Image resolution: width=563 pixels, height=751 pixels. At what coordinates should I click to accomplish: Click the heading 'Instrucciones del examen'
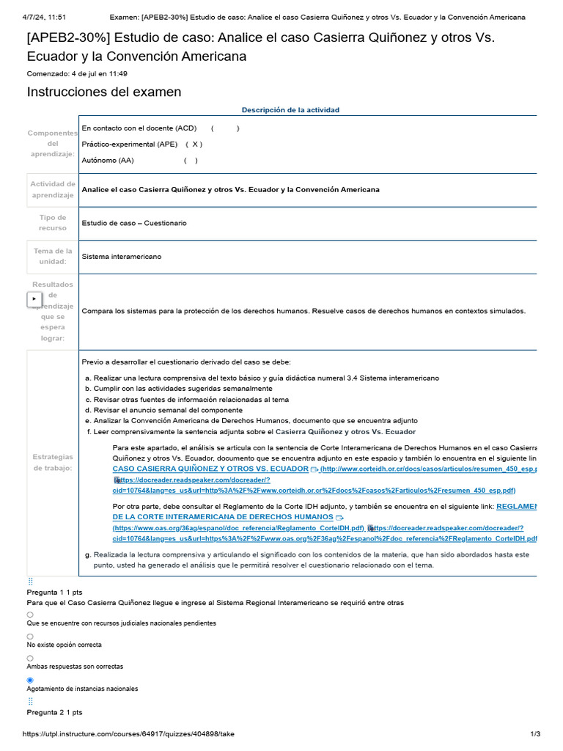click(x=103, y=92)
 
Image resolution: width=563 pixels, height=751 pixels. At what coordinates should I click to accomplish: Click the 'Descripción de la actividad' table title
click(x=290, y=110)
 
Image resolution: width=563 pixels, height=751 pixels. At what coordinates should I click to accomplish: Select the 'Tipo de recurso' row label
click(x=52, y=223)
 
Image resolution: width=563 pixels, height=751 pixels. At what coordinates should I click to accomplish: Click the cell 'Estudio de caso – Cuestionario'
click(x=134, y=223)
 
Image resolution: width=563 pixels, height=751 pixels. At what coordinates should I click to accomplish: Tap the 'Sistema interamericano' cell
click(x=122, y=257)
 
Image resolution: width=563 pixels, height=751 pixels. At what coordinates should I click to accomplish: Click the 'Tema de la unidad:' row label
click(x=52, y=256)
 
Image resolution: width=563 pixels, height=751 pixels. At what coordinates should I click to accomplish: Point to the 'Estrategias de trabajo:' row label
click(x=52, y=462)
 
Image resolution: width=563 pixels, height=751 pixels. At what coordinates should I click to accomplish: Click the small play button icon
click(x=34, y=299)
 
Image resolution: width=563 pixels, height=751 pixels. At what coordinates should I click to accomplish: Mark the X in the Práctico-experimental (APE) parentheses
click(x=196, y=144)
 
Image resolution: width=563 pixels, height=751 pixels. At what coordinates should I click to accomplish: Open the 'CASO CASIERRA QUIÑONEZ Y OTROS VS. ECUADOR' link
click(x=210, y=469)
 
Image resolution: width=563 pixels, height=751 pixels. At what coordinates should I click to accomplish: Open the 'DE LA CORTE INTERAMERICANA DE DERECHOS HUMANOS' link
click(x=223, y=517)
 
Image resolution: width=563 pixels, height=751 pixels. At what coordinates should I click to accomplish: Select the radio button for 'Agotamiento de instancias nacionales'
click(x=30, y=680)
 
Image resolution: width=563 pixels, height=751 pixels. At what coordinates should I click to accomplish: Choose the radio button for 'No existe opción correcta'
click(x=30, y=637)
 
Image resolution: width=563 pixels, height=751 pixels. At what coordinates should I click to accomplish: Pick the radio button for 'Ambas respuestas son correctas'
click(x=30, y=659)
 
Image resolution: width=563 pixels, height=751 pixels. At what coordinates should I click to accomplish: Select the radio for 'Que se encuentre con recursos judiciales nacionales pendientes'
click(x=30, y=615)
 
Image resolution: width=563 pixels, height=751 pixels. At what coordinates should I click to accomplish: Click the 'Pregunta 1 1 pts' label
click(x=54, y=592)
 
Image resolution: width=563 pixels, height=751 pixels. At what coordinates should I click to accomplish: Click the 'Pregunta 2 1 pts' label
click(x=54, y=712)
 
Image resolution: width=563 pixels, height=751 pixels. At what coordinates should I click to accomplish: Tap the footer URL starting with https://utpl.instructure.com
click(x=128, y=734)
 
